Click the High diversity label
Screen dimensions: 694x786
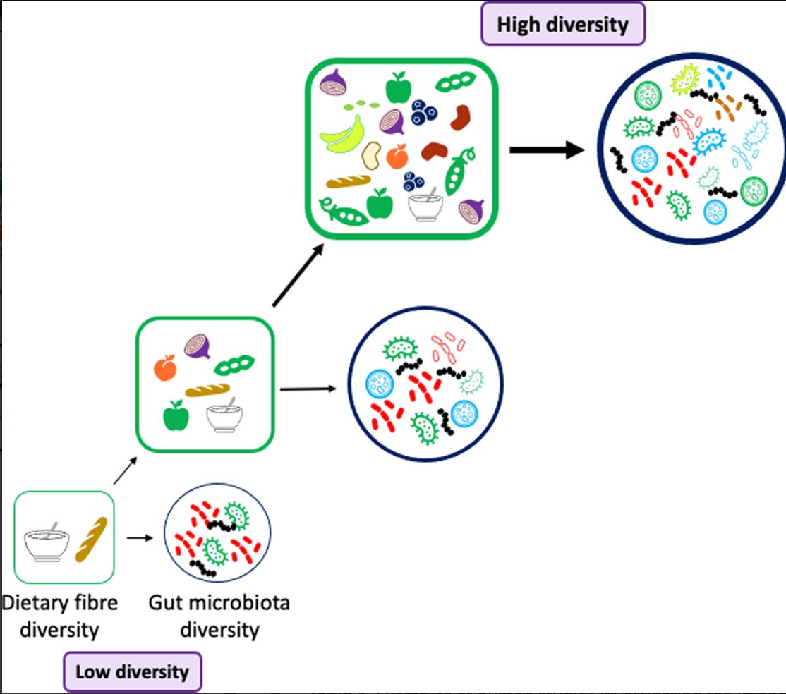[x=562, y=25]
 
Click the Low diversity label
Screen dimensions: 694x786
[x=133, y=671]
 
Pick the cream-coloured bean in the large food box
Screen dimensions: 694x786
[x=371, y=154]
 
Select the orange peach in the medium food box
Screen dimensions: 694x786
[x=165, y=367]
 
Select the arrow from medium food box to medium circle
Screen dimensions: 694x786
[x=308, y=389]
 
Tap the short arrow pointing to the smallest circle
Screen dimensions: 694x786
[x=140, y=537]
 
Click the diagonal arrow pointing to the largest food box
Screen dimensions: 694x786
[x=298, y=276]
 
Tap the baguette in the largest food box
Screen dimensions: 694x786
[x=348, y=183]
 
